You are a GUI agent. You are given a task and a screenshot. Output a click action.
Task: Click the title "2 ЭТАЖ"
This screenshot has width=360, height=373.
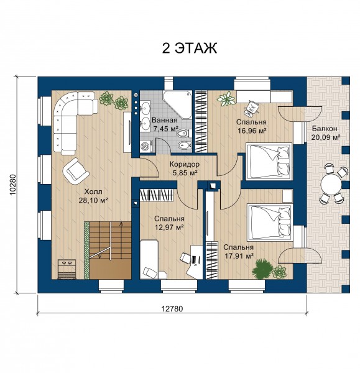click(190, 48)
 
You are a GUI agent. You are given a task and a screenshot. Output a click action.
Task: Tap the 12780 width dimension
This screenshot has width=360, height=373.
click(172, 309)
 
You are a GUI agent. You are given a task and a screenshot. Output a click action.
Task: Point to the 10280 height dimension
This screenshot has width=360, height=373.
click(13, 185)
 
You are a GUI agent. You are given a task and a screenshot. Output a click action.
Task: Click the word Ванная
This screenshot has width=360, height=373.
click(165, 120)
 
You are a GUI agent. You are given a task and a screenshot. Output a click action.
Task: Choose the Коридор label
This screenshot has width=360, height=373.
click(185, 164)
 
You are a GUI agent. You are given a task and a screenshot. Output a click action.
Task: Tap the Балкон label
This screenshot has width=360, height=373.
click(325, 129)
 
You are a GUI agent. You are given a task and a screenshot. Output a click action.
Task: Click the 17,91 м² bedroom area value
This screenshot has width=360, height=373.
click(239, 256)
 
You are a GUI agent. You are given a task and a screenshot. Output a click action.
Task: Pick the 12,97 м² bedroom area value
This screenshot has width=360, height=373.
click(169, 228)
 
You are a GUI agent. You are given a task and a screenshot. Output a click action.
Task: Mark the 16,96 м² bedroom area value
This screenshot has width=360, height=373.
click(252, 131)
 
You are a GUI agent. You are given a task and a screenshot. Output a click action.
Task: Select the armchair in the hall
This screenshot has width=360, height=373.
click(76, 170)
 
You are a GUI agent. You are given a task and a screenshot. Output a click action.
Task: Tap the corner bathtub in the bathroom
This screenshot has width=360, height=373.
click(177, 104)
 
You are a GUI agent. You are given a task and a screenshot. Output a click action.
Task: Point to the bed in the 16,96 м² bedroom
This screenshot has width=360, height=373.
click(269, 160)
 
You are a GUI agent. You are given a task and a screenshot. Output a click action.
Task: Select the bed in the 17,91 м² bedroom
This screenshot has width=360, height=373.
click(270, 221)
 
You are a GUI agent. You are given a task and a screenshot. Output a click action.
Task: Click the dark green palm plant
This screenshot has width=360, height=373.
click(262, 269)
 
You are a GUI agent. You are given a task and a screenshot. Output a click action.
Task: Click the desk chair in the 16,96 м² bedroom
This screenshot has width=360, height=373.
click(252, 108)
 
